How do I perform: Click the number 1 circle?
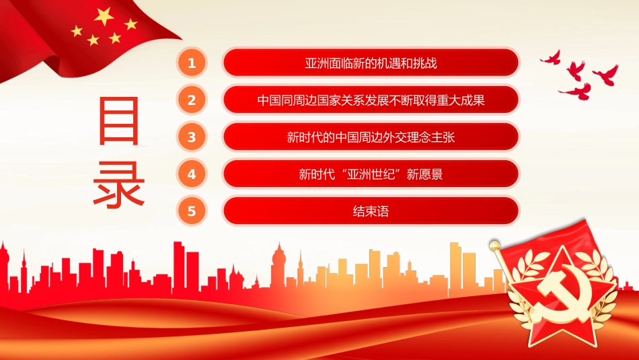[192, 63]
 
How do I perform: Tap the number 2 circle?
[192, 100]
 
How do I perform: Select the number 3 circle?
[192, 137]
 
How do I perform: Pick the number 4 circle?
[192, 174]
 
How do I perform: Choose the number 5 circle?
[192, 211]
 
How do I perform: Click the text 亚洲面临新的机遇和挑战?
[371, 64]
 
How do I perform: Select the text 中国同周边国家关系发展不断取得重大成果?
[371, 101]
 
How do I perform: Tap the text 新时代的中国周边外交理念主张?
[371, 138]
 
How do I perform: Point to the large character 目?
[120, 121]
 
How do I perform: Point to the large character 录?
[120, 182]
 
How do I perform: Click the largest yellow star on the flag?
[104, 17]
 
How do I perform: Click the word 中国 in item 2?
[268, 101]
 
